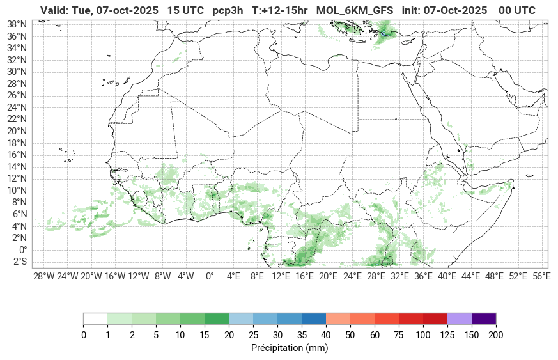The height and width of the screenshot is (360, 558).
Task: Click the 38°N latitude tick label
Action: click(17, 24)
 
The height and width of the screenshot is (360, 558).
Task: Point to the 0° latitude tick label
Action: click(22, 250)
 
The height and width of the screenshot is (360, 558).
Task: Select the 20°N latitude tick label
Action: click(17, 131)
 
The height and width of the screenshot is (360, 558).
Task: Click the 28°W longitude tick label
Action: click(43, 276)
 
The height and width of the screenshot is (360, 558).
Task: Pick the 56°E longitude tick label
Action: click(541, 276)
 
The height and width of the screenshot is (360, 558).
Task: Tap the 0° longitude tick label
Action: click(210, 276)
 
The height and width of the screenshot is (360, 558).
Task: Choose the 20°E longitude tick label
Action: click(329, 276)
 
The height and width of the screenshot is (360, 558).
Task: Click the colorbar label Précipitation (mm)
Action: click(290, 348)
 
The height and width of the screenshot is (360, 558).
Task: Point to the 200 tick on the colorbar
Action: click(496, 335)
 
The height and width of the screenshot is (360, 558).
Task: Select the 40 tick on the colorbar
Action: click(326, 335)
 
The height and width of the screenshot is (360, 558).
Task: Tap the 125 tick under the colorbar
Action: click(447, 335)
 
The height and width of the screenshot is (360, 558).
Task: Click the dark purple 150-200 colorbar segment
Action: click(484, 318)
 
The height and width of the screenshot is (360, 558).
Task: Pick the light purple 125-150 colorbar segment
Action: click(460, 318)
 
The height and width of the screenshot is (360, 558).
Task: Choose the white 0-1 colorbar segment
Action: click(95, 318)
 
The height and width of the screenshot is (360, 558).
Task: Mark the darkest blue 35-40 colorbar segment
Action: click(314, 318)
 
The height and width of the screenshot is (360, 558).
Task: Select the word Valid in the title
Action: click(53, 11)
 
